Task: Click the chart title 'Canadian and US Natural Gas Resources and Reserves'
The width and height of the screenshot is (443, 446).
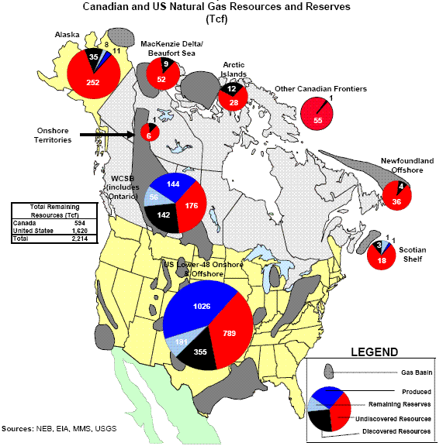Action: (221, 7)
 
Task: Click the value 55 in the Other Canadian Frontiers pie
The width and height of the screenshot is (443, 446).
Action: (317, 121)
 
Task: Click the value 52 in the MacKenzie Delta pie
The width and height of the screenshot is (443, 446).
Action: (161, 79)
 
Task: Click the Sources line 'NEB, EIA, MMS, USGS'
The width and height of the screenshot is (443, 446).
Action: (58, 427)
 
